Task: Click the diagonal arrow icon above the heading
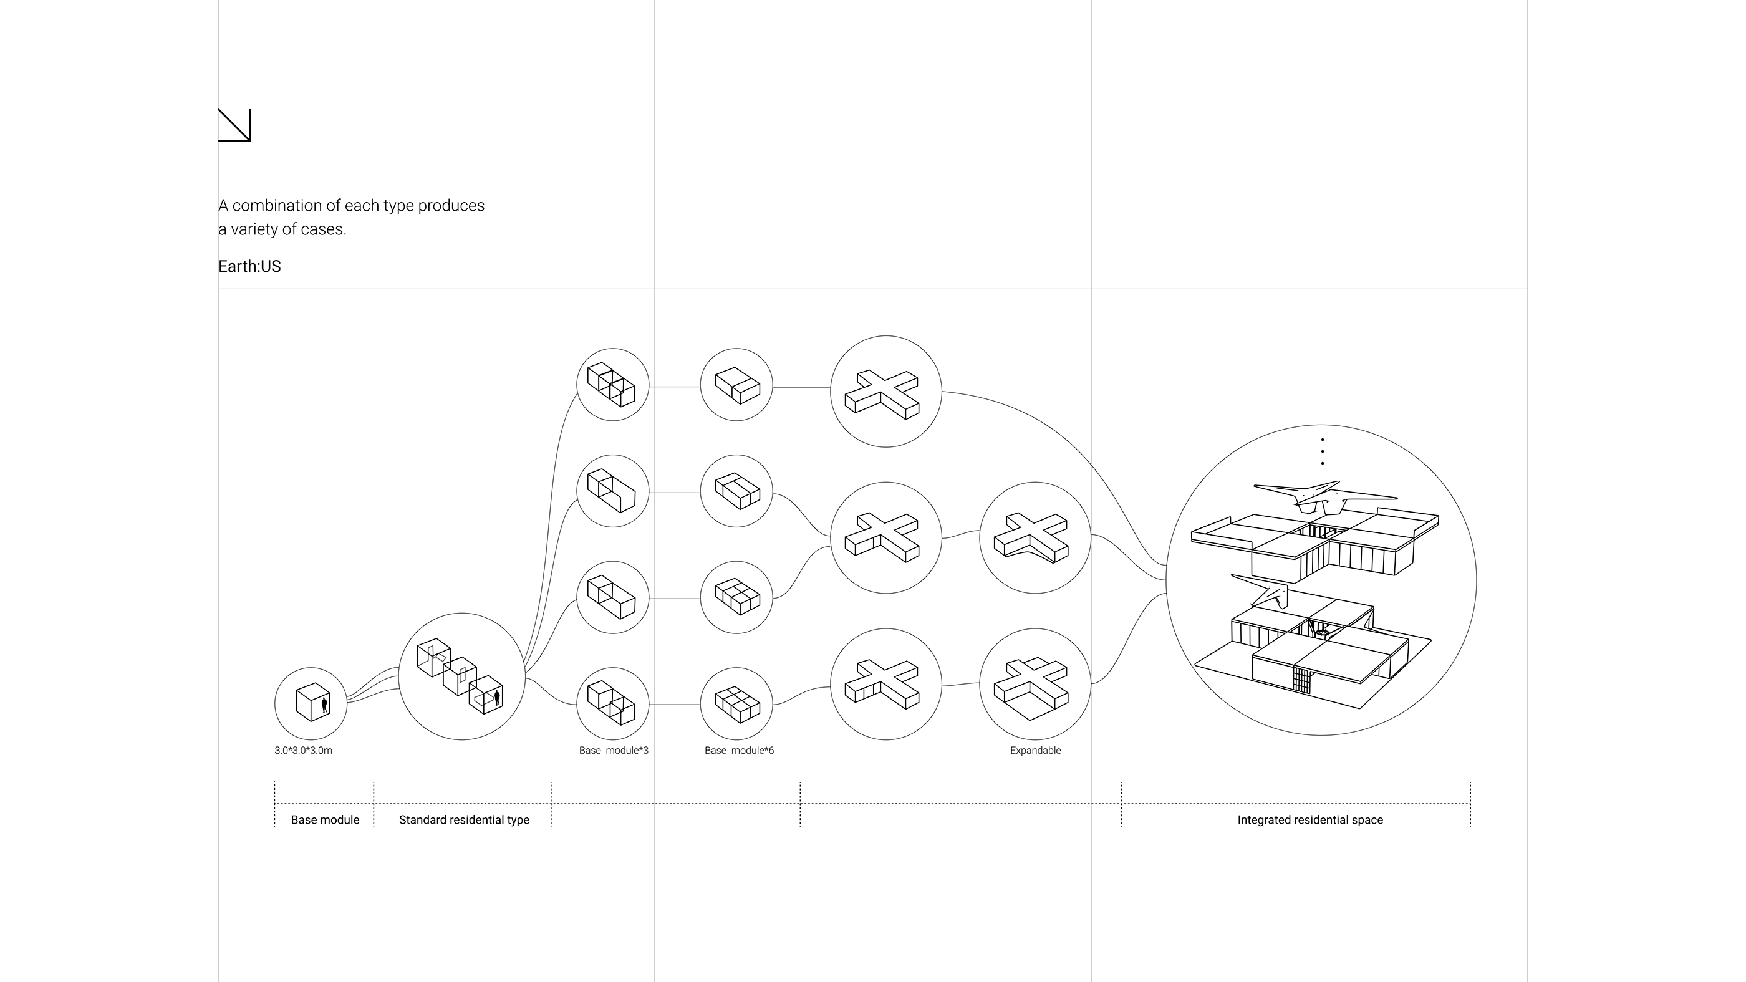coord(234,125)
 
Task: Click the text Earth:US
coord(249,266)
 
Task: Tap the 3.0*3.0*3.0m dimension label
coord(303,750)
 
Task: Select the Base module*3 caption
coord(614,750)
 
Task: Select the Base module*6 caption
coord(739,750)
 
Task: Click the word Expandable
coord(1035,750)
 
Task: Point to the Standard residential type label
coord(463,819)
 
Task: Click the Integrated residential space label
coord(1309,819)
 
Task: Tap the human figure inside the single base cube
coord(325,704)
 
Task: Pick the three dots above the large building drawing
coord(1323,451)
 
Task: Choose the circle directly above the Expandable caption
coord(1035,684)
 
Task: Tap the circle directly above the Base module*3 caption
coord(613,703)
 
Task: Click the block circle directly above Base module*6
coord(736,703)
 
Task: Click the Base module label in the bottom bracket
coord(325,819)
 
